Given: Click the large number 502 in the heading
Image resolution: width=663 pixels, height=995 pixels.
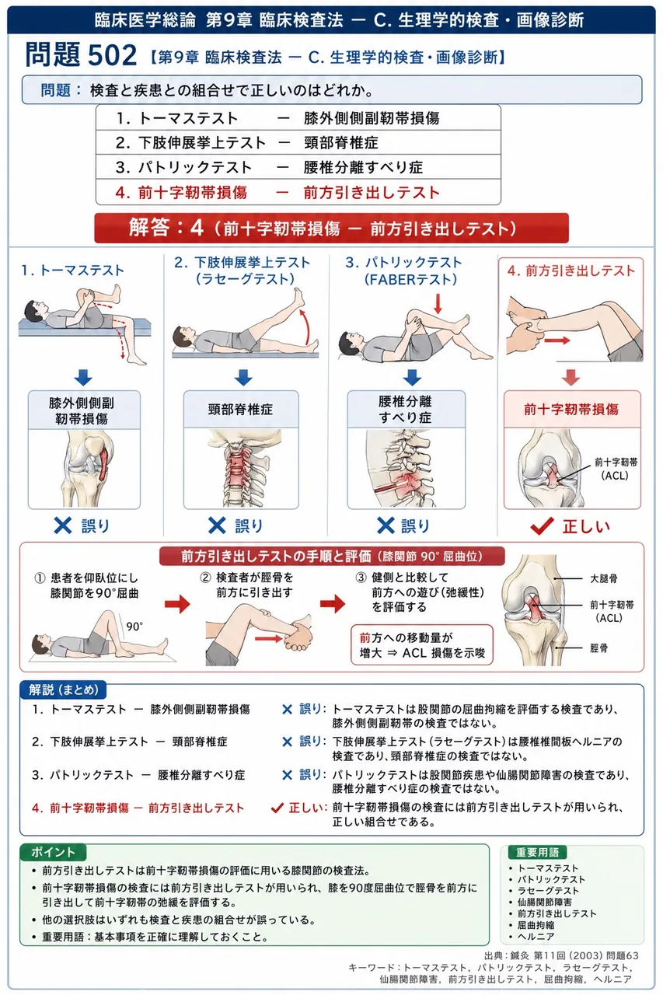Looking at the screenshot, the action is click(x=113, y=55).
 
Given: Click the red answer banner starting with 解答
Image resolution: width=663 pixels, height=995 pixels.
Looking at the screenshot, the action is click(x=331, y=228).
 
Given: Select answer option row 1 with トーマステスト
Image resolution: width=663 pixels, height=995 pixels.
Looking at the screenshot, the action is click(x=298, y=117).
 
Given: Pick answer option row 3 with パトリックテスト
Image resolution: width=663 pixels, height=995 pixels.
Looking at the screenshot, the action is click(x=298, y=167).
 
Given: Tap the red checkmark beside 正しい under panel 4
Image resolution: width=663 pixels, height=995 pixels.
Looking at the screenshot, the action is click(x=543, y=526).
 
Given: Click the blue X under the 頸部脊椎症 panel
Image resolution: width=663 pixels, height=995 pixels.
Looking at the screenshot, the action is click(x=217, y=525).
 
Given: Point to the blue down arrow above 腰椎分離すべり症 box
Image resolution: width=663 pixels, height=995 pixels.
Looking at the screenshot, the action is click(x=412, y=377).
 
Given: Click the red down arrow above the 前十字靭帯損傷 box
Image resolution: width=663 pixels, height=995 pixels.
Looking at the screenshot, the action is click(x=571, y=377).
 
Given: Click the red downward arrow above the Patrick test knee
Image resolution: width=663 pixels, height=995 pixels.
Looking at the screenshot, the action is click(x=438, y=303).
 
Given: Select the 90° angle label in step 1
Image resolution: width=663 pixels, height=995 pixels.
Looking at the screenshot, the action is click(x=134, y=627).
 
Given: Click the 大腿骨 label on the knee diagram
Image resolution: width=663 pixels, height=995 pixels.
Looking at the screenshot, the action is click(x=603, y=578).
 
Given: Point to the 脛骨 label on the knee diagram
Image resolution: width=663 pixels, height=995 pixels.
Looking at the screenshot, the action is click(x=598, y=648).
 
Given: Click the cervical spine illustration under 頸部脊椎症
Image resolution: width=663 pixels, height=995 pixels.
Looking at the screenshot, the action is click(x=241, y=468).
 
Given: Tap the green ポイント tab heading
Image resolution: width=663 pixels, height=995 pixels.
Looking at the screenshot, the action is click(x=53, y=852).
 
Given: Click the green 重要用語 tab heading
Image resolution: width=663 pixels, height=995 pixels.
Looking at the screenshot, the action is click(x=537, y=852).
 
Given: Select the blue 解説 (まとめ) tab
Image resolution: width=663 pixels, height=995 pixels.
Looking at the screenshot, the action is click(x=63, y=690).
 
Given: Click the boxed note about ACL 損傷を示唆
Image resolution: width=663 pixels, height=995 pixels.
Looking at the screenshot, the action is click(x=422, y=645).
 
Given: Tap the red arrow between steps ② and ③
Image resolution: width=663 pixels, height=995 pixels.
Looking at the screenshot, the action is click(x=333, y=604).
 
